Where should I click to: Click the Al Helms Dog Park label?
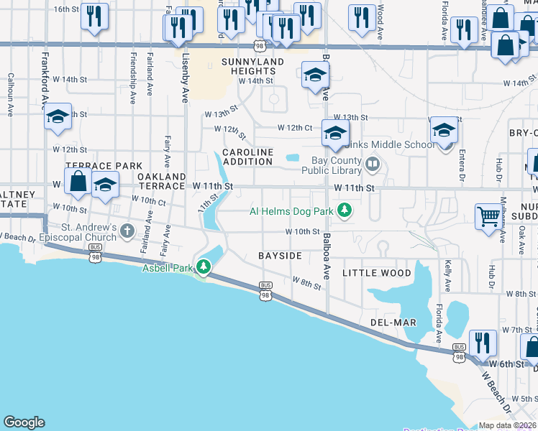pyautogui.click(x=293, y=210)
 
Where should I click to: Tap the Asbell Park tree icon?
pyautogui.click(x=204, y=268)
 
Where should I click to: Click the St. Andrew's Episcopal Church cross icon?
pyautogui.click(x=127, y=231)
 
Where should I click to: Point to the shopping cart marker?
pyautogui.click(x=488, y=215)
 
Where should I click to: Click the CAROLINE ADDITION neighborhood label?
pyautogui.click(x=248, y=157)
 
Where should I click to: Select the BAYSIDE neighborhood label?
pyautogui.click(x=280, y=256)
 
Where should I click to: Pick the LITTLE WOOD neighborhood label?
pyautogui.click(x=377, y=273)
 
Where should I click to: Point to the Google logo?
pyautogui.click(x=24, y=422)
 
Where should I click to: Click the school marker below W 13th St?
pyautogui.click(x=334, y=132)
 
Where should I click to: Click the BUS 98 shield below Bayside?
pyautogui.click(x=265, y=290)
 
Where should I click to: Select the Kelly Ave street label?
pyautogui.click(x=447, y=275)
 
